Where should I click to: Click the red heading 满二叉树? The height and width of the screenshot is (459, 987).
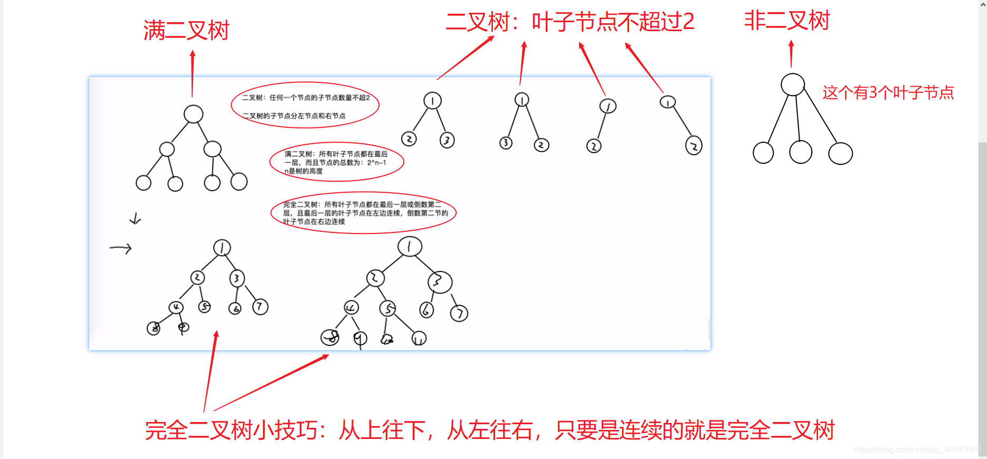click(x=186, y=31)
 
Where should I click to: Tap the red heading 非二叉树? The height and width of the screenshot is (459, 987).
click(x=786, y=21)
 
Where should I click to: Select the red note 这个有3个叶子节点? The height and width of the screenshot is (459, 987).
click(x=888, y=93)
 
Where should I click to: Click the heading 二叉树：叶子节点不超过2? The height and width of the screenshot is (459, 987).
click(x=570, y=22)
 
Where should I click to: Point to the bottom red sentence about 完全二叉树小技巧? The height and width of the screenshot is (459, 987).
click(x=490, y=430)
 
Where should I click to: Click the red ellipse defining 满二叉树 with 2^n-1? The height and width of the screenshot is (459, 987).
click(x=336, y=162)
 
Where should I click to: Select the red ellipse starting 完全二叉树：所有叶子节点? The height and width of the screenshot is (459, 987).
click(x=363, y=213)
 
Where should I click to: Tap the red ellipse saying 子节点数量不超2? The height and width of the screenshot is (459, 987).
click(x=305, y=105)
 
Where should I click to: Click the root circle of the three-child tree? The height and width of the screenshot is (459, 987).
click(x=792, y=85)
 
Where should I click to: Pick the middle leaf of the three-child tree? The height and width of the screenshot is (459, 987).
click(x=800, y=153)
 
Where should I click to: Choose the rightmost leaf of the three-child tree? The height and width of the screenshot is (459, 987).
click(x=840, y=154)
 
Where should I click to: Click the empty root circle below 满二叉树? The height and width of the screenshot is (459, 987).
click(x=193, y=114)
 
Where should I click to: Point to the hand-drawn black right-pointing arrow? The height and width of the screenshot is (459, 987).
click(x=121, y=248)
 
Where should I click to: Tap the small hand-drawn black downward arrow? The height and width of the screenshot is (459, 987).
click(x=136, y=219)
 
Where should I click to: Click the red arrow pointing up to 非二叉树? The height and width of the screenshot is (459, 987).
click(x=791, y=54)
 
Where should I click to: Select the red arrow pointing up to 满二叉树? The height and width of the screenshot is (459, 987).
click(x=192, y=74)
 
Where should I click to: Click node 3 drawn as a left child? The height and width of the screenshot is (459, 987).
click(x=506, y=143)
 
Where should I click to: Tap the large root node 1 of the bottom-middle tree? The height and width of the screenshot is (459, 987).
click(x=410, y=246)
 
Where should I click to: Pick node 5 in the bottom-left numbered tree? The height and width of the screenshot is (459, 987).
click(x=204, y=307)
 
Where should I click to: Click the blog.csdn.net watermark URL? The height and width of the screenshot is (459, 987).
click(x=917, y=449)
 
